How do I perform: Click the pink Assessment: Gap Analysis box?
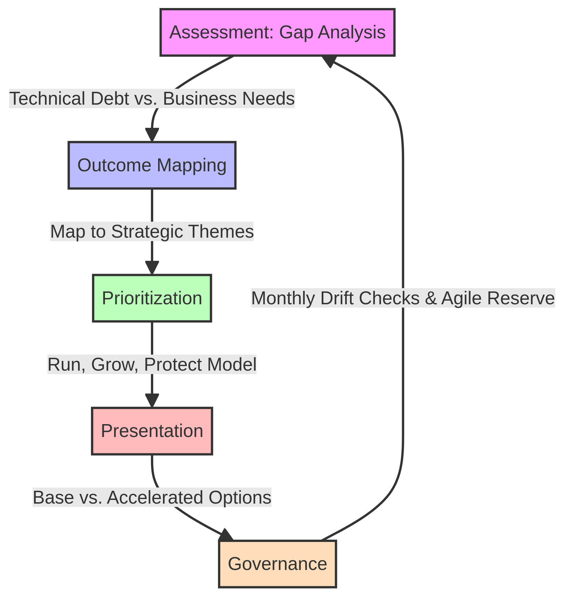pos(277,33)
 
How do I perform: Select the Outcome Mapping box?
pos(152,165)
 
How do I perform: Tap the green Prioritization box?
pos(152,299)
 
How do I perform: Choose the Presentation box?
pos(152,431)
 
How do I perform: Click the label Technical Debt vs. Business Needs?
pos(152,99)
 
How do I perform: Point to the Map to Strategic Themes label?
pos(152,232)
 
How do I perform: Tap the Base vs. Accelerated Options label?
pos(152,498)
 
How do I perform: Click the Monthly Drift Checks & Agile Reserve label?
pos(403,299)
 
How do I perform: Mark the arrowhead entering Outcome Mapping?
pos(152,135)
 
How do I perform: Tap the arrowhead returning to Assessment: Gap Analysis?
pos(328,61)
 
